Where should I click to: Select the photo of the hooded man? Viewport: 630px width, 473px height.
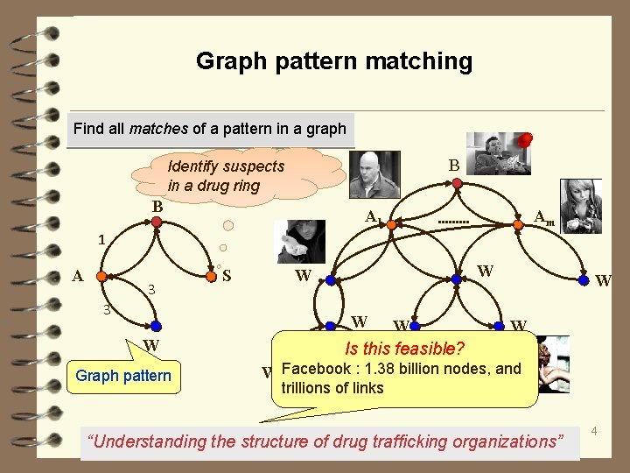(x=299, y=241)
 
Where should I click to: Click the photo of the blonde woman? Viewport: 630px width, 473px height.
(x=580, y=206)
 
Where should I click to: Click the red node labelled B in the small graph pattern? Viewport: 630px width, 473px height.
(x=156, y=222)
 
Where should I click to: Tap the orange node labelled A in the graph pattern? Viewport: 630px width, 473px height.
(x=101, y=276)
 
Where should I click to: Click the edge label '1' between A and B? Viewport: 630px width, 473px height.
(x=102, y=238)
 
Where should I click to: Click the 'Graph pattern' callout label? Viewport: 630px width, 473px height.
(x=123, y=377)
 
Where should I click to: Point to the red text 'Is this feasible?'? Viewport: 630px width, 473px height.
(x=404, y=348)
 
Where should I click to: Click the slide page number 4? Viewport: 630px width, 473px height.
(x=594, y=431)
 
